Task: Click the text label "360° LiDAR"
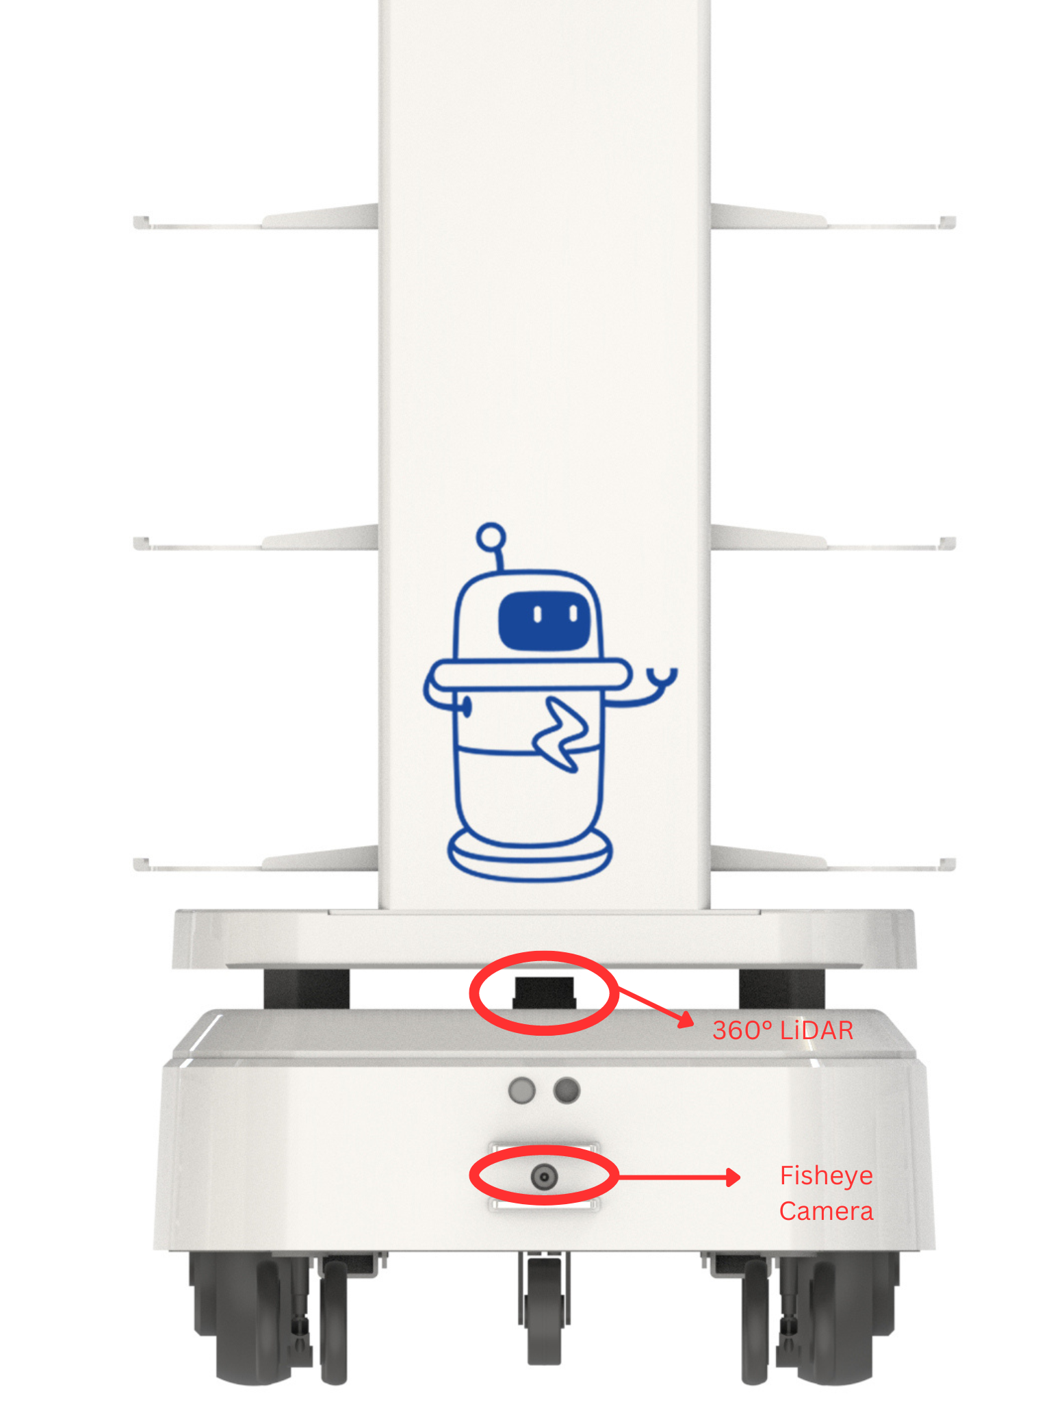[x=783, y=1030]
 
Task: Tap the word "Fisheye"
[x=827, y=1176]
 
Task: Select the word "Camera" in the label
[x=827, y=1211]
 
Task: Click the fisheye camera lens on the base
[x=544, y=1177]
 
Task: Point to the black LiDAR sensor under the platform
[x=545, y=993]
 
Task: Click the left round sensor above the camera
[x=522, y=1091]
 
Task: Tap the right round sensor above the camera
[x=567, y=1091]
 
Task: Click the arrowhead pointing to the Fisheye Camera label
[x=733, y=1177]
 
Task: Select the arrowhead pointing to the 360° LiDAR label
[x=686, y=1019]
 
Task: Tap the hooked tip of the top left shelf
[x=140, y=222]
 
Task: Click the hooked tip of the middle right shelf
[x=948, y=544]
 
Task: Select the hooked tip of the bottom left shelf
[x=140, y=865]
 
